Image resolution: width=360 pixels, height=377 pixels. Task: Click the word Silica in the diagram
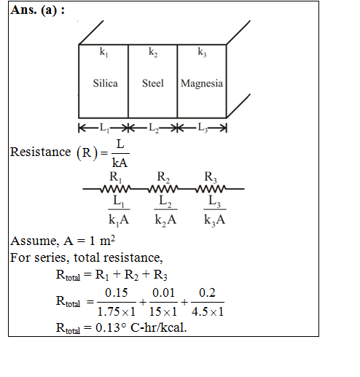[105, 83]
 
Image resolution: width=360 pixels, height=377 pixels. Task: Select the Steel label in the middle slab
[153, 83]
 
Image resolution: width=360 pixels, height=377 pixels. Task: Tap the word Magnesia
[202, 83]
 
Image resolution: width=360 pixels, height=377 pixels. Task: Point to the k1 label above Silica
[103, 52]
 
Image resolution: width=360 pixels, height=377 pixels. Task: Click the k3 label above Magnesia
[202, 52]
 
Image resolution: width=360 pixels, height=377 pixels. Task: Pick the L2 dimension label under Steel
[154, 128]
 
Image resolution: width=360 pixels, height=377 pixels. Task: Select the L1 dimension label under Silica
[105, 128]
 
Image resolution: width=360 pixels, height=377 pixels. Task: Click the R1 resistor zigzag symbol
[116, 189]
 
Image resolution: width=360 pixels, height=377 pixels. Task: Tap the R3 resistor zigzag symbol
[211, 189]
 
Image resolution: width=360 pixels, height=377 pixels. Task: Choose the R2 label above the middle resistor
[163, 177]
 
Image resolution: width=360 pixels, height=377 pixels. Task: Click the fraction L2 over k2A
[165, 211]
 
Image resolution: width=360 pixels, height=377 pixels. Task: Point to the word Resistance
[40, 152]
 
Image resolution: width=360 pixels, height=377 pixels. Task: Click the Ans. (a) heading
[38, 10]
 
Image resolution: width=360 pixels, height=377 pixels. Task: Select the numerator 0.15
[117, 292]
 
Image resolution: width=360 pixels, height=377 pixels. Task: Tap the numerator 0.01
[163, 292]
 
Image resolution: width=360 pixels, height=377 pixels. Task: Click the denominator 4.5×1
[208, 311]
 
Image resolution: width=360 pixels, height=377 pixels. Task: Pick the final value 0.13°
[111, 327]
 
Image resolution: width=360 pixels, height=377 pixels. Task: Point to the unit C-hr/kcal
[159, 327]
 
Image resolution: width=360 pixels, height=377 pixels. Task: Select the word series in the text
[52, 257]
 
